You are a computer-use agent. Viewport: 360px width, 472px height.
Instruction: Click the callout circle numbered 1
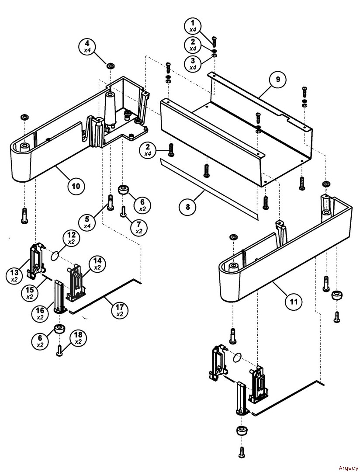tap(193, 26)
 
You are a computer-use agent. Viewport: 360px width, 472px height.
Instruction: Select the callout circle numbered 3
tap(193, 63)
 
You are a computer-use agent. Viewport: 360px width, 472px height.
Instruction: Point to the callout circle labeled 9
tap(277, 80)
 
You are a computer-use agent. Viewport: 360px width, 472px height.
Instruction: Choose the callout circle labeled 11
tap(294, 302)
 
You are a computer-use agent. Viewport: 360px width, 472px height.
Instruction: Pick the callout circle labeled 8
tap(188, 207)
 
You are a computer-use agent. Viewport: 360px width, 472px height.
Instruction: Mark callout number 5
tap(88, 222)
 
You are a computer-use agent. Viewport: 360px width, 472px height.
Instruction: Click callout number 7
tap(139, 227)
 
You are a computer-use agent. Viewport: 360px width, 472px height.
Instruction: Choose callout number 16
tap(40, 313)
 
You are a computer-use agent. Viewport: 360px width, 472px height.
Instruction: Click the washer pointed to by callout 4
tap(110, 66)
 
